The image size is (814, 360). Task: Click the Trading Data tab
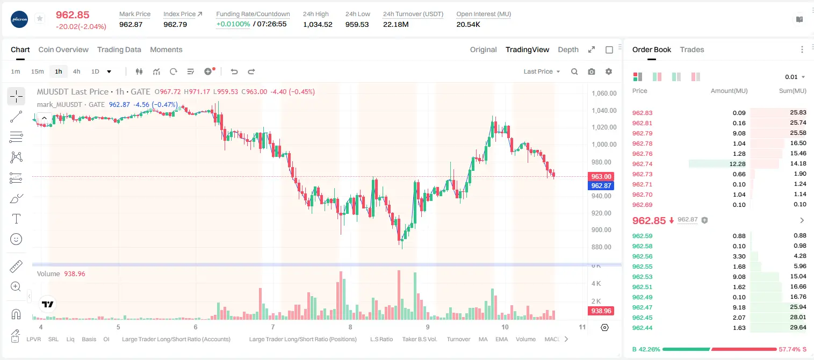coord(119,49)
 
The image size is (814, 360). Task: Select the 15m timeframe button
coord(38,71)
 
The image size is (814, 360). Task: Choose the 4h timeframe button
coord(76,71)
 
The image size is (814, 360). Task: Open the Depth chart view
coord(568,49)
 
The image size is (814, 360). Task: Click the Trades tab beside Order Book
coord(691,49)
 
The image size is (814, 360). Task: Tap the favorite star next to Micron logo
coord(40,18)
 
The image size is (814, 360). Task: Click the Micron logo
coord(19,19)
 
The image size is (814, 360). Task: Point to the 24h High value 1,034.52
coord(317,24)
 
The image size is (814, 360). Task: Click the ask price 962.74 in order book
coord(642,164)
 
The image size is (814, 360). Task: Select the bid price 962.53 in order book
coord(642,277)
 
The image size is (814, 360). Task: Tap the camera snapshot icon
coord(592,71)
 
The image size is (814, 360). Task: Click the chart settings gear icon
coord(609,71)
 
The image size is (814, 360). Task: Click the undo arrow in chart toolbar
coord(234,71)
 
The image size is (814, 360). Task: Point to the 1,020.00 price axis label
coord(604,127)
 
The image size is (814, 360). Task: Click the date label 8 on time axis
coord(350,327)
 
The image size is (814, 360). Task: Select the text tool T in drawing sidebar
coord(16,219)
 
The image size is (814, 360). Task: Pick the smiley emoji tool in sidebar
coord(16,239)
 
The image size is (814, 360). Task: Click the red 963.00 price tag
coord(601,177)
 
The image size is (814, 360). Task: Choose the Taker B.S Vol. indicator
coord(419,339)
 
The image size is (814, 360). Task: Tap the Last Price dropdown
coord(542,71)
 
